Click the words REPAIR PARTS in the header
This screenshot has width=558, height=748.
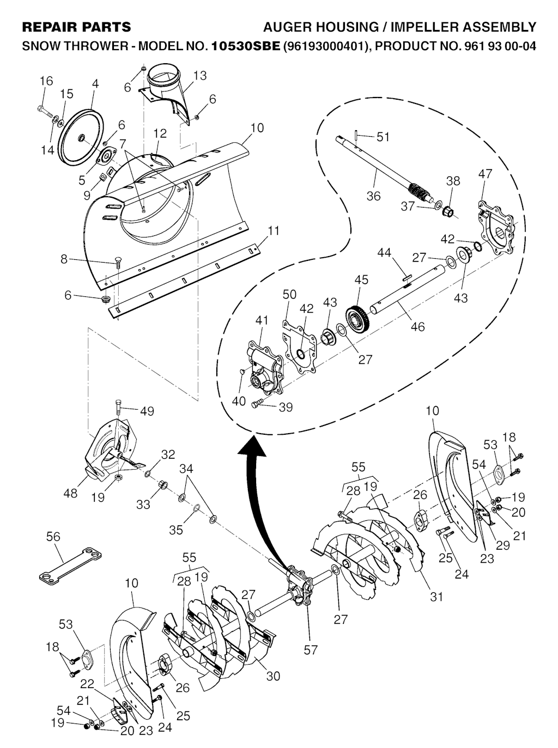pos(76,27)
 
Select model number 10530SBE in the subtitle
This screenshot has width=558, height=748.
pos(246,46)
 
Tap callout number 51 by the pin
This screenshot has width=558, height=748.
pos(383,136)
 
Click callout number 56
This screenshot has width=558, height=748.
pos(53,537)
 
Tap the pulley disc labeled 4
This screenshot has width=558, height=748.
pos(81,139)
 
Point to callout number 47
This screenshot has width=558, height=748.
pos(484,174)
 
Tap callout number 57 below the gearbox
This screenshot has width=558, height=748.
pos(311,650)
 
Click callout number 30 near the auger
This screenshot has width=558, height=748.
pos(273,676)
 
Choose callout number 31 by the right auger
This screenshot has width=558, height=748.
pos(436,597)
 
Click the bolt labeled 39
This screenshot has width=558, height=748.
pos(258,404)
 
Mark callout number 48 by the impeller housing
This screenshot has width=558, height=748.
pos(70,493)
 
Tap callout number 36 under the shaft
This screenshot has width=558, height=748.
pos(373,196)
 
